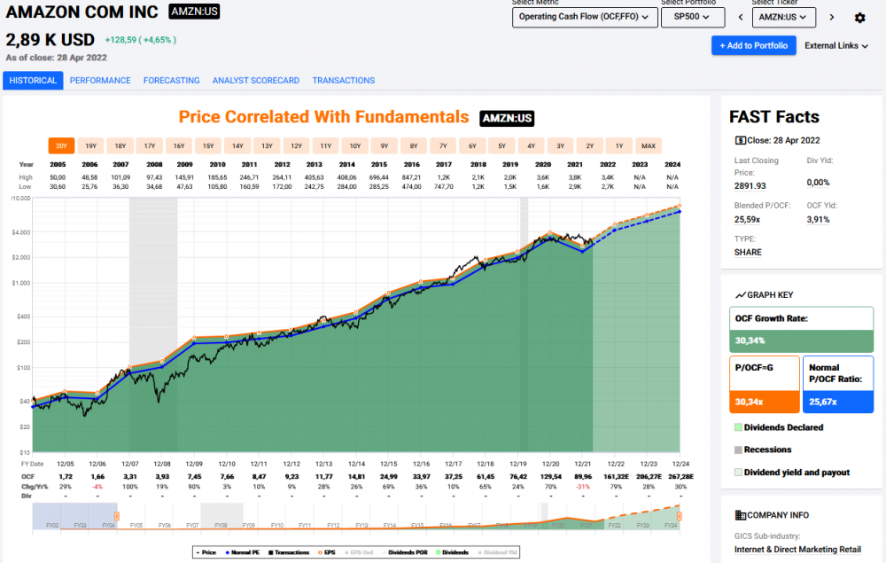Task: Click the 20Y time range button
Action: click(x=61, y=145)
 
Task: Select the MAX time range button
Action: click(x=649, y=145)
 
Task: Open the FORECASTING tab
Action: click(x=171, y=81)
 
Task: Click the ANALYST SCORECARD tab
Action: click(x=256, y=81)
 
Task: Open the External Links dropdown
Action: click(x=836, y=46)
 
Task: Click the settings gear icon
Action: click(x=859, y=18)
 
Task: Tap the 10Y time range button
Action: click(x=354, y=145)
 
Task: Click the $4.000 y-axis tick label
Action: click(x=21, y=232)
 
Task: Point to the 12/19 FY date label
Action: click(x=517, y=464)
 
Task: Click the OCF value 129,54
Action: click(x=551, y=477)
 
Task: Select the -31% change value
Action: click(x=583, y=487)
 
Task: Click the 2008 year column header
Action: click(x=154, y=164)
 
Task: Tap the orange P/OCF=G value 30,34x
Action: click(x=749, y=402)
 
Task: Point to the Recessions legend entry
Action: click(x=767, y=450)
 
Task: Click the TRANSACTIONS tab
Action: click(x=344, y=81)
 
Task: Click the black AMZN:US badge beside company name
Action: click(x=194, y=12)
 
